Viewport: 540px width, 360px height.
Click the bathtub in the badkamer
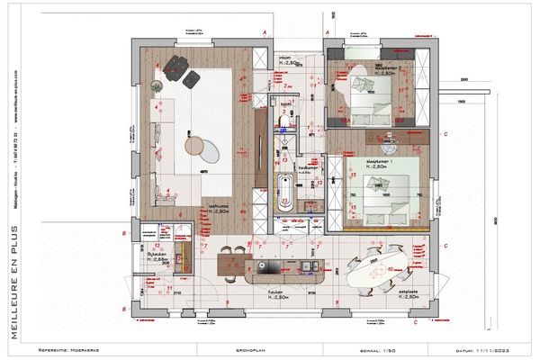click(286, 193)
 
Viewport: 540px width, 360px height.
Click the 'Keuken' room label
click(276, 293)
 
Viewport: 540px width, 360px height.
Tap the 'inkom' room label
click(286, 56)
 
